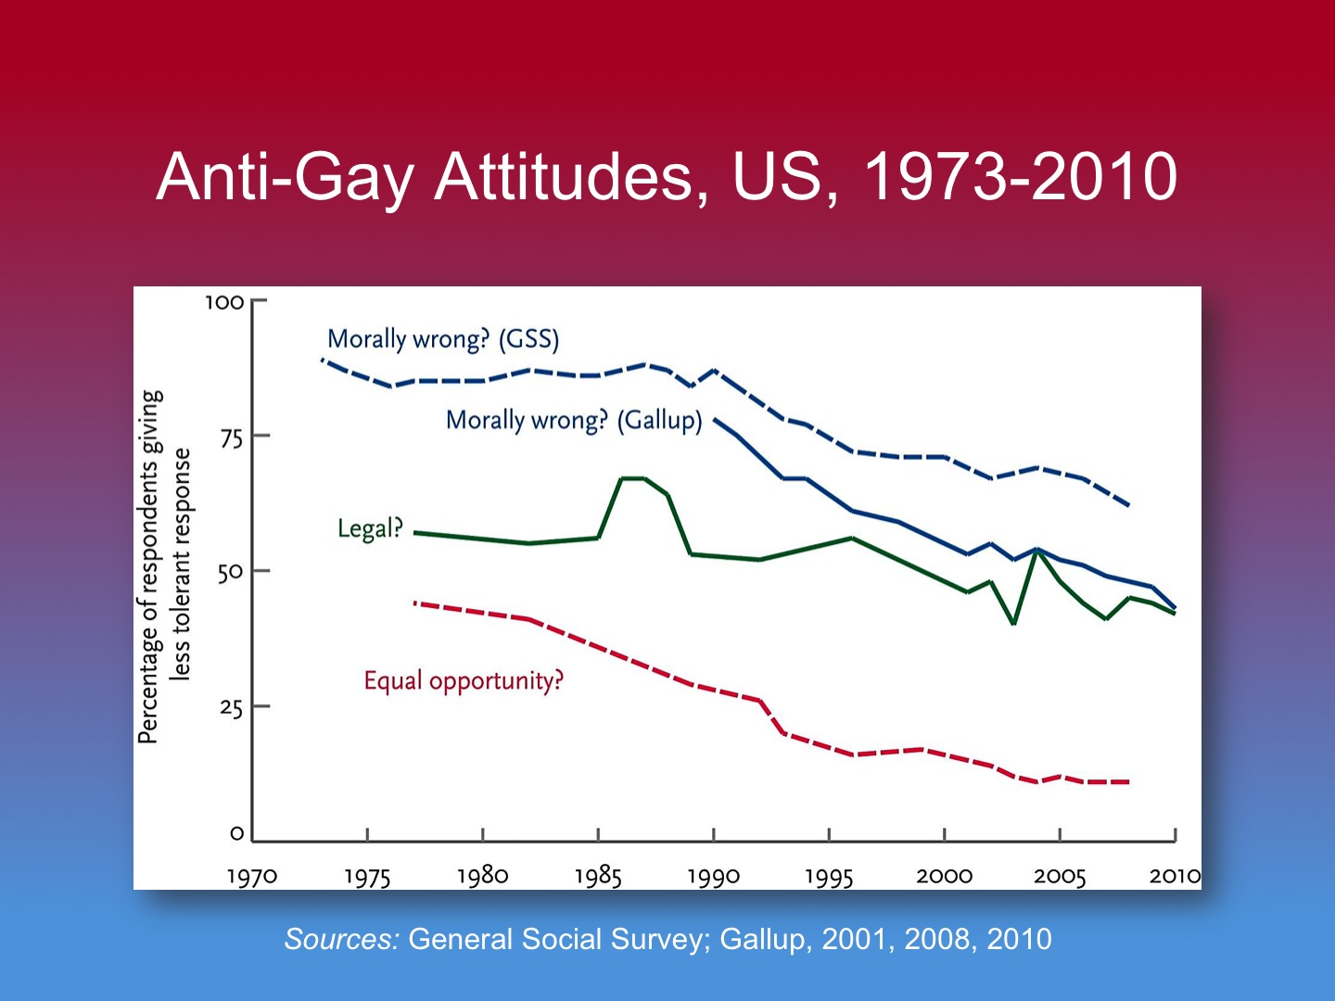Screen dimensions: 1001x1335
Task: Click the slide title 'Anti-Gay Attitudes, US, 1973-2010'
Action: pyautogui.click(x=667, y=176)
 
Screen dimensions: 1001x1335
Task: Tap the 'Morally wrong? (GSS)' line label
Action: pyautogui.click(x=443, y=339)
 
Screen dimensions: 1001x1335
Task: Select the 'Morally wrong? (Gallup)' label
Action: pyautogui.click(x=574, y=421)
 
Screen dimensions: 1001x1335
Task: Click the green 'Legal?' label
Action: pyautogui.click(x=370, y=528)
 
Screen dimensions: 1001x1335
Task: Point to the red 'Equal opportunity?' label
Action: pyautogui.click(x=463, y=681)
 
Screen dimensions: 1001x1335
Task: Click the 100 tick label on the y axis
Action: pyautogui.click(x=224, y=302)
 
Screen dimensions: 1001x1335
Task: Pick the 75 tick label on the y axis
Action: pyautogui.click(x=231, y=437)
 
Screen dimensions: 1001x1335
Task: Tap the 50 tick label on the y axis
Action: pyautogui.click(x=230, y=572)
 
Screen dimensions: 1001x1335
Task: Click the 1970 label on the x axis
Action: pyautogui.click(x=252, y=876)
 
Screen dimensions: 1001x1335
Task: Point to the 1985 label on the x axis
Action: pyautogui.click(x=598, y=876)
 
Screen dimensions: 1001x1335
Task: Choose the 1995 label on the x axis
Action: pyautogui.click(x=829, y=876)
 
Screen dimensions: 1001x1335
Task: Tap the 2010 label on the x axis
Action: pyautogui.click(x=1175, y=876)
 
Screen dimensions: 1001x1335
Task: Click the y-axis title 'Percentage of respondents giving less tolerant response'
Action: pyautogui.click(x=165, y=567)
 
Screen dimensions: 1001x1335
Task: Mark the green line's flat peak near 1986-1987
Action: pyautogui.click(x=632, y=478)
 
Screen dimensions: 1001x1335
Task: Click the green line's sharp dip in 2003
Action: pyautogui.click(x=1014, y=624)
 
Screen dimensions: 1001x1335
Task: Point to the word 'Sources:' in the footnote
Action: pyautogui.click(x=341, y=939)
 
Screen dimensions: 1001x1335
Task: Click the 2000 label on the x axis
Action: pyautogui.click(x=944, y=876)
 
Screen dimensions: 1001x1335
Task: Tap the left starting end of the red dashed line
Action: pyautogui.click(x=414, y=602)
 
